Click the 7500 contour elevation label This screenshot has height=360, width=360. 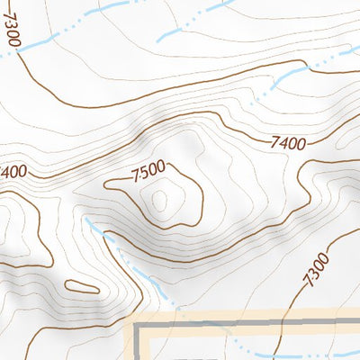click(148, 167)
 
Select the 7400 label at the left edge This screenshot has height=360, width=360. click(13, 171)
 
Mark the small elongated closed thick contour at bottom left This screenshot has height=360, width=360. click(81, 287)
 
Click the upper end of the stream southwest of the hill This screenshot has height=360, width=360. click(88, 219)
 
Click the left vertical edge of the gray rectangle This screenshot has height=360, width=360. click(137, 346)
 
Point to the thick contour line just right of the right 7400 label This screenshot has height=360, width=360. click(315, 142)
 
